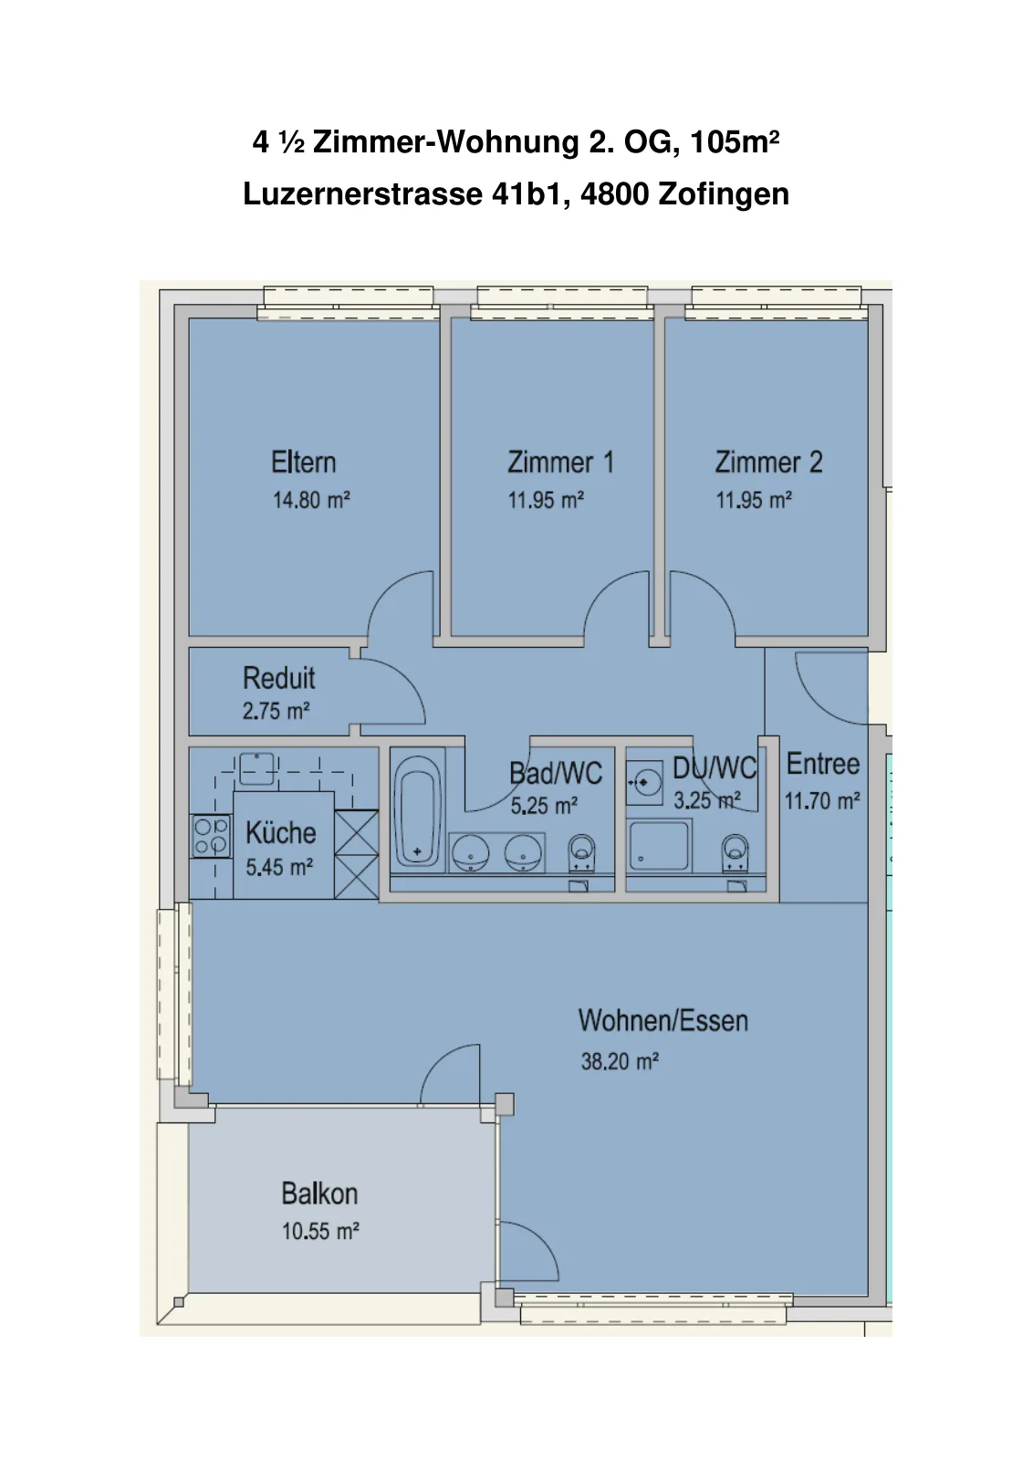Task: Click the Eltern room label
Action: tap(304, 462)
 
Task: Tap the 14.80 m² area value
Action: tap(311, 501)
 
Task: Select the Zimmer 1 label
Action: tap(560, 462)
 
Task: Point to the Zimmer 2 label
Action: tap(769, 462)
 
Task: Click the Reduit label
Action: tap(279, 678)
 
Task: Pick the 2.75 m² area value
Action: tap(277, 711)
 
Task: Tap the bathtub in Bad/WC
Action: tap(418, 811)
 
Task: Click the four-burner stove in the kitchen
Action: tap(211, 836)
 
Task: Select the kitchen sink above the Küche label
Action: tap(256, 769)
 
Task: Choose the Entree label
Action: tap(823, 764)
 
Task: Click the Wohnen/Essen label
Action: tap(663, 1021)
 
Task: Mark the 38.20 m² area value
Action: tap(620, 1061)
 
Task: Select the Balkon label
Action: tap(319, 1194)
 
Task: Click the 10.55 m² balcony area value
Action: tap(320, 1231)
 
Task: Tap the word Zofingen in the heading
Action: tap(724, 194)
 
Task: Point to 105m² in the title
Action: tap(735, 142)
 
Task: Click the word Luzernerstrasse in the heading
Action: tap(363, 194)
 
